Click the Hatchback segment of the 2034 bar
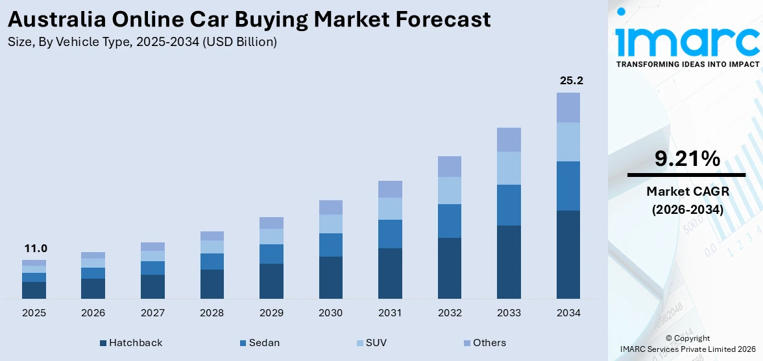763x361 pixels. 568,254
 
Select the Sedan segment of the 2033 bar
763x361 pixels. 509,205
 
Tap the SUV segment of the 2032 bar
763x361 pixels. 449,191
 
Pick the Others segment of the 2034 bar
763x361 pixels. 568,108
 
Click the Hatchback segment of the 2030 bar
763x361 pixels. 330,277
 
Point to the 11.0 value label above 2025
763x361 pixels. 36,248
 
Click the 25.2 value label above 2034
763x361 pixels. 571,81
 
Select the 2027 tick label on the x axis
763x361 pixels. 152,313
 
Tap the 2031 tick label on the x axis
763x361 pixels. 390,313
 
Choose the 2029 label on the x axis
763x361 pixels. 271,313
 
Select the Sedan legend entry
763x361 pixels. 260,343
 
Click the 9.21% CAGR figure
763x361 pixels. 686,159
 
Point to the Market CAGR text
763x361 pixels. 686,191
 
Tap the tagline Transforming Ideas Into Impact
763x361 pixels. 687,64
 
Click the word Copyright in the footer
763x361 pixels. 691,338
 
